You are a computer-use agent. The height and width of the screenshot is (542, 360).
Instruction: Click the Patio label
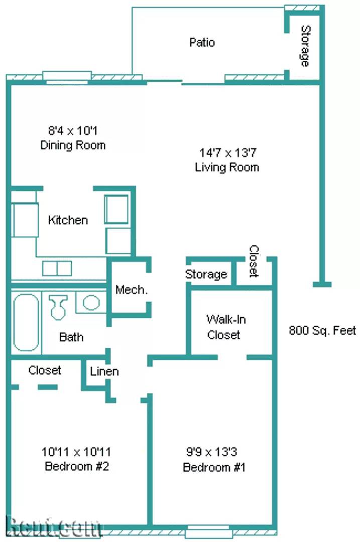[202, 42]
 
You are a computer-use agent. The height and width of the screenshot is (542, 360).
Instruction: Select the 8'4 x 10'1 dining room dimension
[72, 131]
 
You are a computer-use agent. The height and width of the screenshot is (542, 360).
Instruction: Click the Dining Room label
[73, 146]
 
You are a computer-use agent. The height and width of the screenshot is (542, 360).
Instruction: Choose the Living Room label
[227, 167]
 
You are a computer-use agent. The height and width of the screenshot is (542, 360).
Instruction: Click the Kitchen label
[68, 220]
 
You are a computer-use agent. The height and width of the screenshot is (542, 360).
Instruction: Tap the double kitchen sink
[57, 268]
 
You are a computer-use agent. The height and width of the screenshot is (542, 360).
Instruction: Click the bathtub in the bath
[26, 322]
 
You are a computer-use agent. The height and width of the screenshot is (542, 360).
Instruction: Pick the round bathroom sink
[91, 303]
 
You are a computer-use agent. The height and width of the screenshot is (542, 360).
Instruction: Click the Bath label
[71, 337]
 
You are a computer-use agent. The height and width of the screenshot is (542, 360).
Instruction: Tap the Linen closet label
[104, 371]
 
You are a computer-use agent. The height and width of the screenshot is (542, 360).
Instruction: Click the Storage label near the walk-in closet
[206, 275]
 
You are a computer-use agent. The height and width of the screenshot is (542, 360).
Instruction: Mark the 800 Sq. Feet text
[322, 331]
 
